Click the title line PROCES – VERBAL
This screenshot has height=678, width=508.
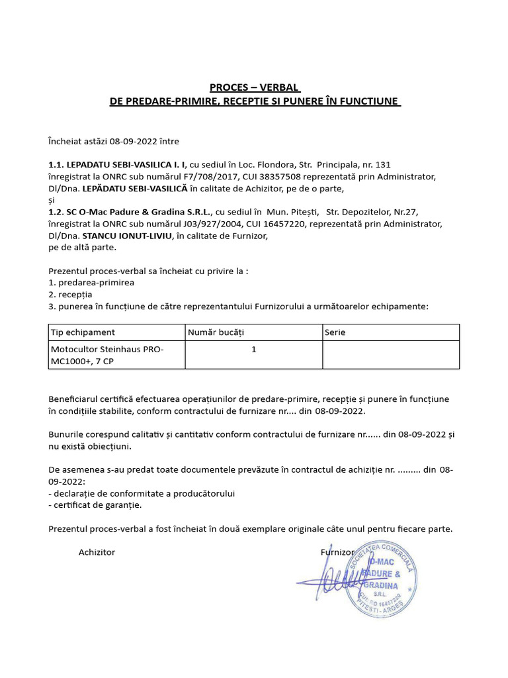(x=255, y=87)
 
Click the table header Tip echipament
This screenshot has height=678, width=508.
(x=83, y=332)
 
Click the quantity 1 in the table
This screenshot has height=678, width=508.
(x=254, y=349)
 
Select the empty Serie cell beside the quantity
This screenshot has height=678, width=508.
(x=390, y=354)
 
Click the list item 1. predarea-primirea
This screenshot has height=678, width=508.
(x=91, y=282)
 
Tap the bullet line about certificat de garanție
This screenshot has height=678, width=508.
(x=95, y=505)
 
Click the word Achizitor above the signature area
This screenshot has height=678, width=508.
(x=97, y=552)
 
